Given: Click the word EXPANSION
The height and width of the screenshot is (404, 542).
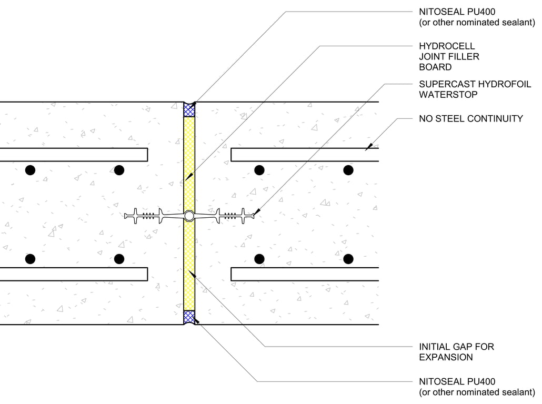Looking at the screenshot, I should [446, 357].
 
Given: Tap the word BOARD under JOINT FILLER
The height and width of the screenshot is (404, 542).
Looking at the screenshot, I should [435, 67].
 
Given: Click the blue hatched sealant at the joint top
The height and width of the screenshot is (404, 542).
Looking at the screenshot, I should [189, 110].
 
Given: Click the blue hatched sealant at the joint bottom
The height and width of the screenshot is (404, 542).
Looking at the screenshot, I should [189, 317].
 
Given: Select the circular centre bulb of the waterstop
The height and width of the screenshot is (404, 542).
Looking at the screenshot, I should [189, 215].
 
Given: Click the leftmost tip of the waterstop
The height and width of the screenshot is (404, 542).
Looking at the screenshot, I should [125, 215].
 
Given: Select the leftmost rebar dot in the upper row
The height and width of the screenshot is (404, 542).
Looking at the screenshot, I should [30, 170].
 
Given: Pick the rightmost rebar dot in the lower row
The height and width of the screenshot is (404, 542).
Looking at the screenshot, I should [348, 259].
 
